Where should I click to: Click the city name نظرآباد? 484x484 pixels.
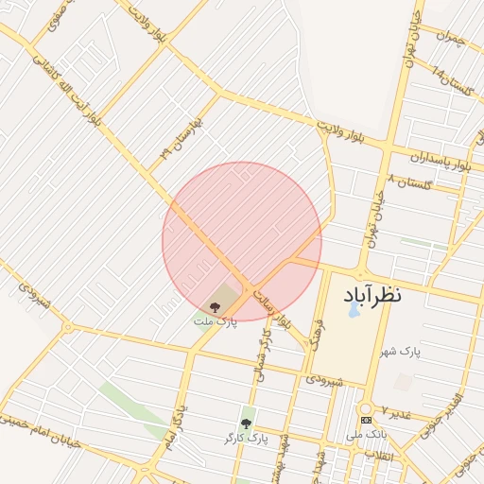point(370,295)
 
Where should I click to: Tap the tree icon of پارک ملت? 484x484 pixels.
point(215,306)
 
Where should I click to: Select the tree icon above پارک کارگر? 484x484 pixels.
point(247,423)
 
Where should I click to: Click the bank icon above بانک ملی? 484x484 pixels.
point(366,421)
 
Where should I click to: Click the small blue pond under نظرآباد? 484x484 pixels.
point(354,309)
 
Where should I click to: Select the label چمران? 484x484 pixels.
point(452,37)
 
